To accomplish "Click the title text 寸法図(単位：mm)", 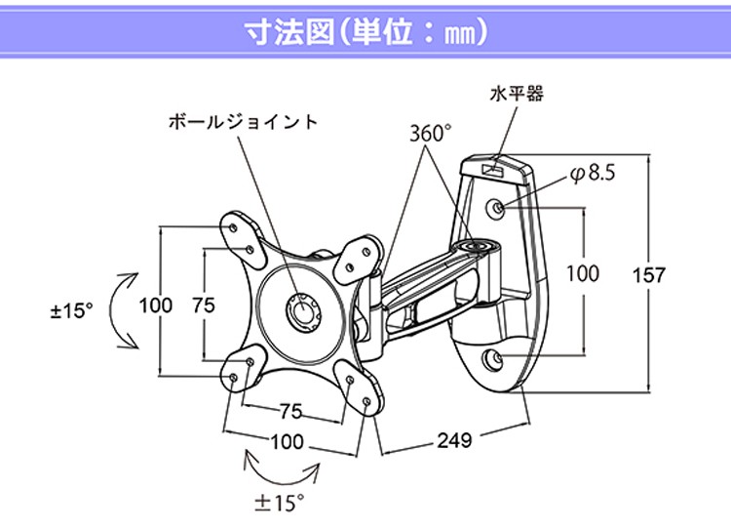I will click(365, 30).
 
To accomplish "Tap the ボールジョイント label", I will click(243, 122).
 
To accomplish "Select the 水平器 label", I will click(517, 95).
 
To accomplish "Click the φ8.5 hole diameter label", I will click(592, 174).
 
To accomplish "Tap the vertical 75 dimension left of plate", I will click(203, 305).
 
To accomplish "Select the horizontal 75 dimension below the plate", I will click(290, 410).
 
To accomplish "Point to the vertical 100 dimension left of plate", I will click(156, 305).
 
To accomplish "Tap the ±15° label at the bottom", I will click(281, 504).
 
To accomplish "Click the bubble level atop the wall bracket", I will click(492, 168).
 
